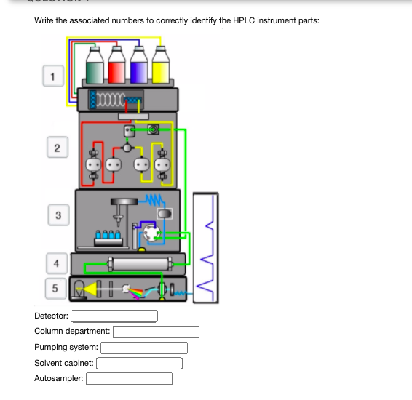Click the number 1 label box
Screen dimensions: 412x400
(x=53, y=76)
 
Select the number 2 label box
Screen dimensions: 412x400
(x=58, y=147)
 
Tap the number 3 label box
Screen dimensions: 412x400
(x=58, y=215)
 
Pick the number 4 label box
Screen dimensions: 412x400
(x=57, y=263)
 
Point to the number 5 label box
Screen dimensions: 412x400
(x=56, y=289)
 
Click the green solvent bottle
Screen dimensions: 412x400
(x=95, y=65)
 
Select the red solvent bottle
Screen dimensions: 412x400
(x=116, y=65)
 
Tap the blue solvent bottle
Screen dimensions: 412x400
(x=139, y=65)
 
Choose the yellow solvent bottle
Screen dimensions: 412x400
(x=161, y=65)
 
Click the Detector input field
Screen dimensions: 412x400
(x=114, y=316)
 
